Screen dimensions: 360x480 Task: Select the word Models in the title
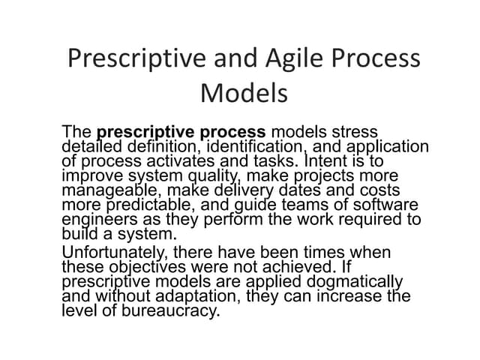pos(244,93)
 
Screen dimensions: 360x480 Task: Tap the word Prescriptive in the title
pos(133,58)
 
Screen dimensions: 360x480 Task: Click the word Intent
pos(328,160)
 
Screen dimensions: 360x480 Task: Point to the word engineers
pos(97,219)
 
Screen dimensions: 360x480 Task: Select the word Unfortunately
pos(115,253)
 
